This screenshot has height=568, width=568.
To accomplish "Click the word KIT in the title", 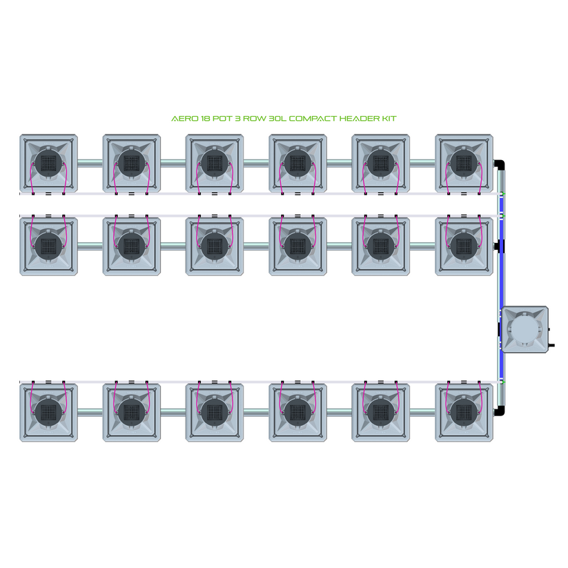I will (389, 119).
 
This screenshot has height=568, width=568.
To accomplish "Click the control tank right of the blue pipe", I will (526, 329).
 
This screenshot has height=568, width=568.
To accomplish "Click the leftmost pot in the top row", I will (48, 164).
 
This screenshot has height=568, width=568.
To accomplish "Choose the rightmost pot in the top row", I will (464, 164).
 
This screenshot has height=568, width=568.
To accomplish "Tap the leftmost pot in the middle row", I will (48, 245).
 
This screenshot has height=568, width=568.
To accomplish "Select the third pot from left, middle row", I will (215, 245).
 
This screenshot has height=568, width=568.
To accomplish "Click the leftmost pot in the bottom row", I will (48, 413).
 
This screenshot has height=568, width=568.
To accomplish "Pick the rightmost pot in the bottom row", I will (464, 413).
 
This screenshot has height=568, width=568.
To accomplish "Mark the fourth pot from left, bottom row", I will (297, 413).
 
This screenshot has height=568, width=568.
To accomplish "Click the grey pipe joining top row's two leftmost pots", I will (90, 164).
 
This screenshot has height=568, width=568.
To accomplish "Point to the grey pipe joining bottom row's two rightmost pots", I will (423, 413).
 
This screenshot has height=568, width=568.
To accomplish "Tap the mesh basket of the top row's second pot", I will (131, 164).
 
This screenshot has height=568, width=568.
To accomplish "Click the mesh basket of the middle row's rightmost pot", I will (464, 245).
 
